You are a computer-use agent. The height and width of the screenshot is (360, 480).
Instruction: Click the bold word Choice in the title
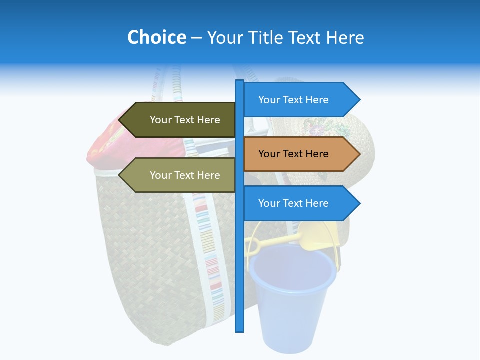(156, 37)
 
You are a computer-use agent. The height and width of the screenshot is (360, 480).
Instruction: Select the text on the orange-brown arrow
(293, 154)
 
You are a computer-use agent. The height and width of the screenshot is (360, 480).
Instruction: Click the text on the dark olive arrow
(185, 120)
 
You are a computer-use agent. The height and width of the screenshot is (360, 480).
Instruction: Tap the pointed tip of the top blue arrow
(359, 99)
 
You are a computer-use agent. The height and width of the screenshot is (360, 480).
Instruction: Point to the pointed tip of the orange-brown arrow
(359, 154)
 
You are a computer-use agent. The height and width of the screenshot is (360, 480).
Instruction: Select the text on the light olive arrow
(185, 175)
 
